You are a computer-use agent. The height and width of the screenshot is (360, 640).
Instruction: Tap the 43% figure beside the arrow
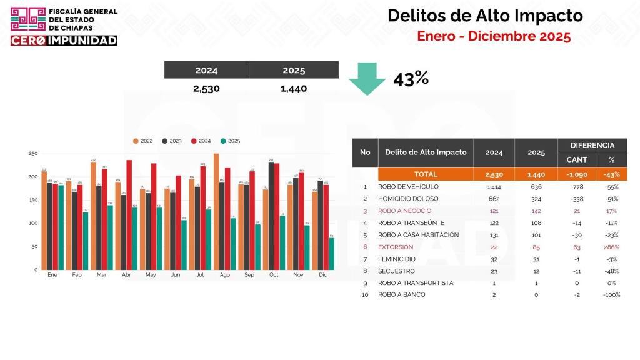click(411, 79)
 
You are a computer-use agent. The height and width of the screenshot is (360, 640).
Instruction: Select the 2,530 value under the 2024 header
click(206, 89)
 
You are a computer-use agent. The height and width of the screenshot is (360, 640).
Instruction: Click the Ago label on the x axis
click(224, 275)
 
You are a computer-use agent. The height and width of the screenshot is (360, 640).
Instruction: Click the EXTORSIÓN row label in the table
click(396, 247)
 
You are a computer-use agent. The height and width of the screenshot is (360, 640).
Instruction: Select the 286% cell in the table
click(611, 247)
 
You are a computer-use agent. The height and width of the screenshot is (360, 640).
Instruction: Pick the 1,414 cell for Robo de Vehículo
click(494, 187)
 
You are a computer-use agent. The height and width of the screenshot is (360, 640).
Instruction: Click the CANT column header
click(576, 160)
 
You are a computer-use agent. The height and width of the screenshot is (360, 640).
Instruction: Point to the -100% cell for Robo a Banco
click(611, 294)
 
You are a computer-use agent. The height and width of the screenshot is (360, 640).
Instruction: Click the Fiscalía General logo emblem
click(28, 20)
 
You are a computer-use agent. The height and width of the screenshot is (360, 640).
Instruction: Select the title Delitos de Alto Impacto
click(485, 16)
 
